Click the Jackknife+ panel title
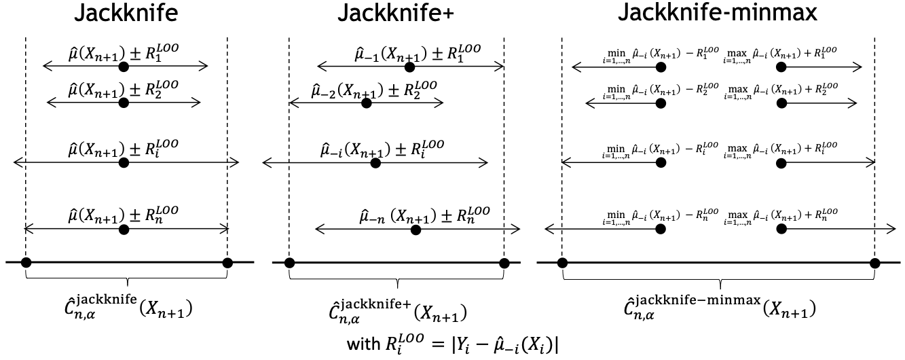[397, 14]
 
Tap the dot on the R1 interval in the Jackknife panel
[123, 67]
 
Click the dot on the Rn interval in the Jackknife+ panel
[416, 230]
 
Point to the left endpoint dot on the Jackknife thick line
[25, 263]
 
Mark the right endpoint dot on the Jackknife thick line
[227, 263]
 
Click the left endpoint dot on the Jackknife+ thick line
[289, 263]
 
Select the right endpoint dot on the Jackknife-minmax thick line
[875, 263]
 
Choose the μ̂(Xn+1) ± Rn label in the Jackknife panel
[123, 216]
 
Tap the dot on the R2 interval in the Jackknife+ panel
[367, 103]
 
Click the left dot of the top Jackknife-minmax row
[659, 67]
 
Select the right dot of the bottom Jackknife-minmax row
[781, 230]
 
